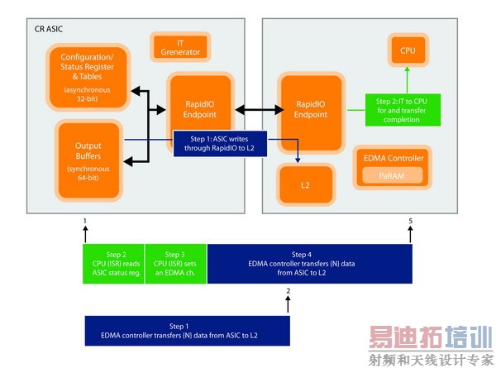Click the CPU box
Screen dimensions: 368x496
pos(408,50)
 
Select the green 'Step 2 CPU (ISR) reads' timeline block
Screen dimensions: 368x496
pos(113,264)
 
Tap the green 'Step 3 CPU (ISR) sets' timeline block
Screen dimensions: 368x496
pos(175,264)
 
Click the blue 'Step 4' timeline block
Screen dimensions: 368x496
pos(309,264)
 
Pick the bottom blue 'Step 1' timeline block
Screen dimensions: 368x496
pos(188,331)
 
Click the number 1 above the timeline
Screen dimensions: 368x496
pos(84,222)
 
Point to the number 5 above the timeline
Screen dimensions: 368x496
pos(411,222)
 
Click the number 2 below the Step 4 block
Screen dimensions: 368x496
pos(288,291)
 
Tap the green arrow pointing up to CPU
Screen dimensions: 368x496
pos(407,81)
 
